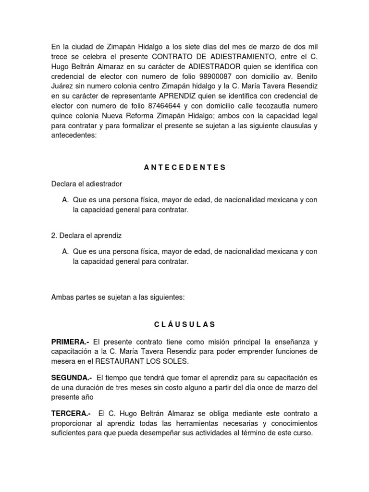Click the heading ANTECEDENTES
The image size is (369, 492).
pos(184,167)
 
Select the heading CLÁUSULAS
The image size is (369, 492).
pos(184,324)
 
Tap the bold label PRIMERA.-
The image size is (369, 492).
pos(70,342)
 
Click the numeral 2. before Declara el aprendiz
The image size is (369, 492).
pos(54,235)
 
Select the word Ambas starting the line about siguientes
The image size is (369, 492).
pos(63,297)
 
